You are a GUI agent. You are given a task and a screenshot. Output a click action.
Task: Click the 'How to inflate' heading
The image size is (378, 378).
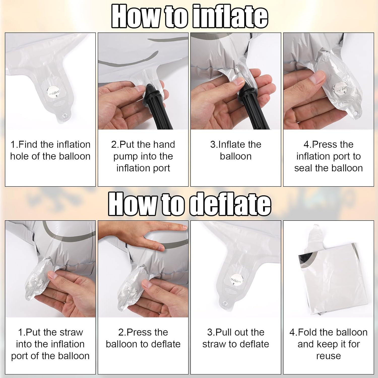pyautogui.click(x=190, y=16)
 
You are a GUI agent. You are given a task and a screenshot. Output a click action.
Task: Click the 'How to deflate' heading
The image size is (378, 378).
pyautogui.click(x=190, y=204)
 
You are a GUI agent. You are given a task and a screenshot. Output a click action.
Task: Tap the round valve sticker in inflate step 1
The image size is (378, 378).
pyautogui.click(x=53, y=92)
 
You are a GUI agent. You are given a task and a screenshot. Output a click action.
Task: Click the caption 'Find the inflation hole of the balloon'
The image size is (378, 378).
pyautogui.click(x=50, y=150)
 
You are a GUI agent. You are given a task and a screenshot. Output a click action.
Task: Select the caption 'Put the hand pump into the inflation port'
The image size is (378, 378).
pyautogui.click(x=143, y=156)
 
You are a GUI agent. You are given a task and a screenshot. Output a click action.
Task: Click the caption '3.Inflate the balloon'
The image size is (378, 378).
pyautogui.click(x=236, y=150)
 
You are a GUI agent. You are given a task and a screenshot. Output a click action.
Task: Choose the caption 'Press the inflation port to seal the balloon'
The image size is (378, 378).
pyautogui.click(x=329, y=156)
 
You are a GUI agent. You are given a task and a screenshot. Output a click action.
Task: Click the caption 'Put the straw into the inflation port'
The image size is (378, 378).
pyautogui.click(x=50, y=344)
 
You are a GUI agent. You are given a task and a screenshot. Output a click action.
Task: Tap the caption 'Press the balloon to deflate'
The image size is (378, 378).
pyautogui.click(x=143, y=338)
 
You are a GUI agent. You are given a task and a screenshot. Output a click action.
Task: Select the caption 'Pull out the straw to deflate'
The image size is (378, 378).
pyautogui.click(x=236, y=338)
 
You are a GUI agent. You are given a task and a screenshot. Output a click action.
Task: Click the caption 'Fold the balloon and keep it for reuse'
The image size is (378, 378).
pyautogui.click(x=329, y=344)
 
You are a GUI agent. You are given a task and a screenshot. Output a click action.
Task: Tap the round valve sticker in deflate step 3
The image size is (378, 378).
pyautogui.click(x=235, y=279)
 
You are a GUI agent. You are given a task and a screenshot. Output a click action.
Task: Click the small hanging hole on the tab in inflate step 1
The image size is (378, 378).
pyautogui.click(x=65, y=116)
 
